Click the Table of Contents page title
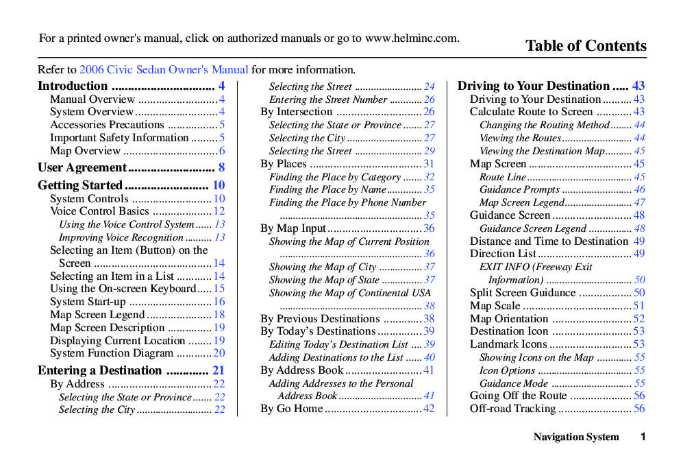(x=586, y=46)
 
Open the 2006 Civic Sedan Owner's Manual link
(x=164, y=69)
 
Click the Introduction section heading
(x=73, y=86)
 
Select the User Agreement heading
(x=82, y=167)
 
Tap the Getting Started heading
(x=80, y=185)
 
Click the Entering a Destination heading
(x=100, y=370)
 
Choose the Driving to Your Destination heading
(x=534, y=86)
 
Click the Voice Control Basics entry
(x=99, y=211)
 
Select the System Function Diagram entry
(x=112, y=353)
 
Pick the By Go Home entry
(x=291, y=409)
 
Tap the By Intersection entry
(x=296, y=112)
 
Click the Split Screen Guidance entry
(x=523, y=293)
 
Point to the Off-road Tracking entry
(x=512, y=409)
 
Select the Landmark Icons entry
(x=508, y=344)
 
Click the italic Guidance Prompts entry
(x=519, y=190)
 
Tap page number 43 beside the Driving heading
(x=638, y=86)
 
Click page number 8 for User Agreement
(x=221, y=167)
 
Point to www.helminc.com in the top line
(x=411, y=38)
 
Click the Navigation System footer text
(x=576, y=437)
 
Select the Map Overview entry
(x=85, y=151)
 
